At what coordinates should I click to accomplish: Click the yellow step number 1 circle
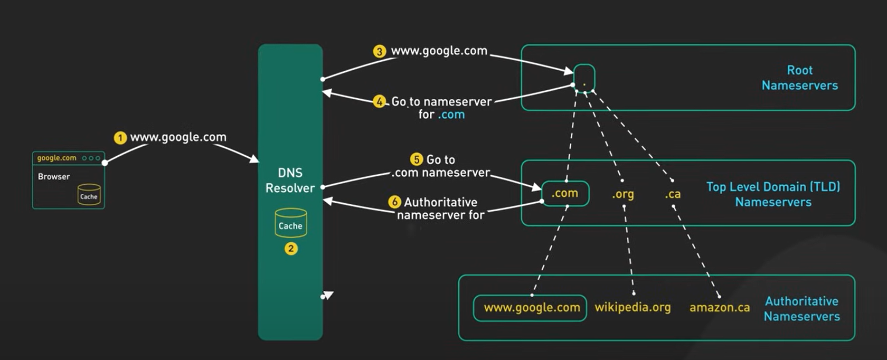120,138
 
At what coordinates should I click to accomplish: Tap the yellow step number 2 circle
291,249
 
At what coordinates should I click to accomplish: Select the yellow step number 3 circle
380,51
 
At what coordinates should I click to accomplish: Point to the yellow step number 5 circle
417,159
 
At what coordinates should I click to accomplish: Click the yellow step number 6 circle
394,202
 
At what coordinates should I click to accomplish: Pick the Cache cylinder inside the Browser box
89,194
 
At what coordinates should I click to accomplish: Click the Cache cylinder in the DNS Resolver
290,223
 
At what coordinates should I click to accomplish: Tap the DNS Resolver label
290,181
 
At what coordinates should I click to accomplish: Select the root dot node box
584,79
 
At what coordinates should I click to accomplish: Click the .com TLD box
565,194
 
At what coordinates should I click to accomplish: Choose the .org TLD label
623,194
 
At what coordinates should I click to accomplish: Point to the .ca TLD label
673,194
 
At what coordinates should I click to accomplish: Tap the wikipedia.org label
633,307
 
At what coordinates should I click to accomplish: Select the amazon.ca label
719,307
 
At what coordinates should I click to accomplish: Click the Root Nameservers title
799,78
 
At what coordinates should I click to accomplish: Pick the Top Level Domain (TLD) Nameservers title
773,194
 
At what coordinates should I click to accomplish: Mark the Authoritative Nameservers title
801,309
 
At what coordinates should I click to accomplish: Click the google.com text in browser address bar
56,158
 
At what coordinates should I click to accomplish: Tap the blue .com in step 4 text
451,115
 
